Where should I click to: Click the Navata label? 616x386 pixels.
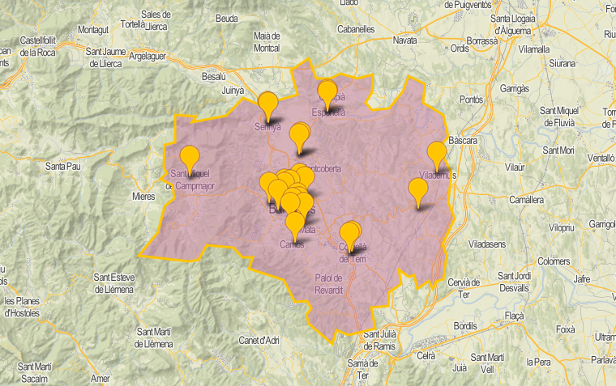point(404,40)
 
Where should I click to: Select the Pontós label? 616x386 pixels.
point(471,99)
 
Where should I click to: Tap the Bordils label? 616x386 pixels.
point(466,325)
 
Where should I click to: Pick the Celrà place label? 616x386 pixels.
point(426,355)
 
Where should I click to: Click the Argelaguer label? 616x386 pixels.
point(153,57)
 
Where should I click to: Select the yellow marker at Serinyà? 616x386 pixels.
point(267,105)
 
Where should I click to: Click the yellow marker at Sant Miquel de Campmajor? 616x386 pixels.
point(189,157)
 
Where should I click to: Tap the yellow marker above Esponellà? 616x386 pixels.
point(327,93)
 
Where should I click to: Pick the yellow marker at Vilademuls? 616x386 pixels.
point(437,154)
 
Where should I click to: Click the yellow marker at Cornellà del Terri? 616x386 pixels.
point(349,233)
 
